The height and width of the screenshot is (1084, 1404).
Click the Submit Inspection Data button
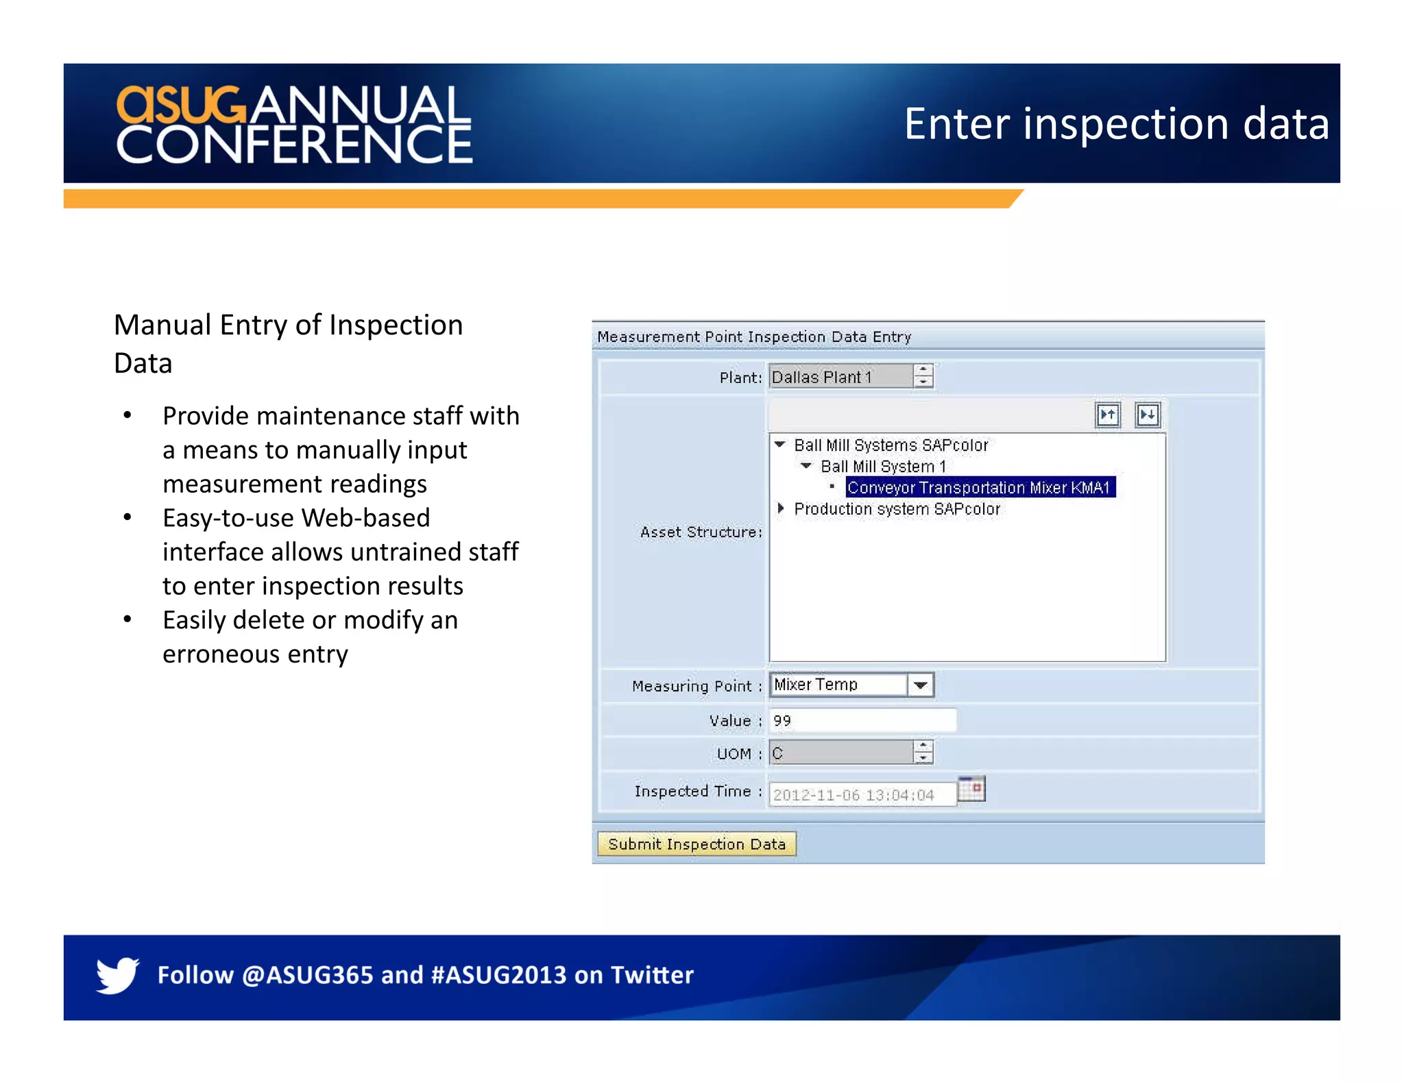696,843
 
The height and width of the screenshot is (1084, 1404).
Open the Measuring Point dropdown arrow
921,685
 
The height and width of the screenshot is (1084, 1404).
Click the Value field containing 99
862,720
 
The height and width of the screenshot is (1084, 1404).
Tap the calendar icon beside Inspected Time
971,789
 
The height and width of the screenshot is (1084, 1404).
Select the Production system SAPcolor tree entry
897,509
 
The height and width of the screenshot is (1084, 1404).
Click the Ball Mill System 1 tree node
883,467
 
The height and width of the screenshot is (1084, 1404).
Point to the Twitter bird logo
117,974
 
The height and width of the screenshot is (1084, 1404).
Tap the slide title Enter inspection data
1116,124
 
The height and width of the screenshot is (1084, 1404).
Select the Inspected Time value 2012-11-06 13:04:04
854,795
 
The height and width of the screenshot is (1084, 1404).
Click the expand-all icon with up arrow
1108,415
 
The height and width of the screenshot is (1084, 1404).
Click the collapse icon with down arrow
1147,415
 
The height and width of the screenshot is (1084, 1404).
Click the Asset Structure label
701,532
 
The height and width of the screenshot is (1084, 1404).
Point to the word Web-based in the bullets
365,518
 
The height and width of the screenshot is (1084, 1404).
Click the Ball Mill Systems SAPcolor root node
891,445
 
